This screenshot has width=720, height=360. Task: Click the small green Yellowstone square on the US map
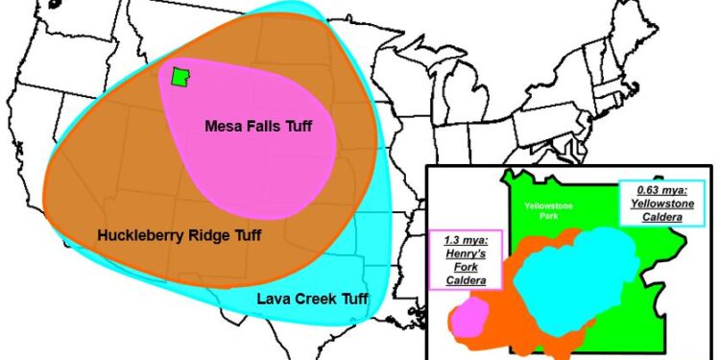click(179, 78)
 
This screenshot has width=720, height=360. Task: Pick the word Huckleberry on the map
click(140, 233)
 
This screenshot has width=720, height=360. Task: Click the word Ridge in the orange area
click(205, 233)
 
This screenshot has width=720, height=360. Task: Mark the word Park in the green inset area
click(549, 218)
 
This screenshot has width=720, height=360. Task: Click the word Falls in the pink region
click(262, 125)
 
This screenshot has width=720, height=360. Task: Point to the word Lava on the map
click(275, 299)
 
